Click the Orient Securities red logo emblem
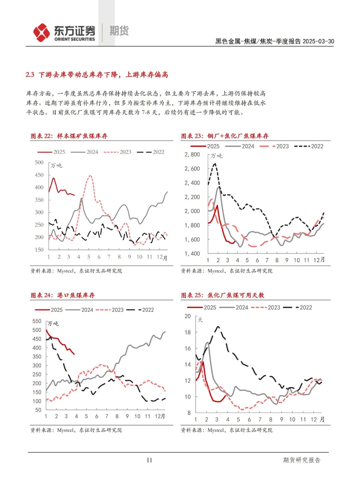[x=41, y=33]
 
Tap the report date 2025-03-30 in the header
[x=318, y=41]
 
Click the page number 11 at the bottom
[x=149, y=460]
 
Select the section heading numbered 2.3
[x=97, y=75]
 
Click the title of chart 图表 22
[x=69, y=136]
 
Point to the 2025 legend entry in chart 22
[x=52, y=152]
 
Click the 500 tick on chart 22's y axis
[x=39, y=163]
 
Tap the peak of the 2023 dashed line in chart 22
[x=90, y=176]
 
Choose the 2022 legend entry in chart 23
[x=309, y=146]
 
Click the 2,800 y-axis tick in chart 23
[x=192, y=155]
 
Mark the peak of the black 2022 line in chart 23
[x=215, y=164]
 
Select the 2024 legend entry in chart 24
[x=80, y=310]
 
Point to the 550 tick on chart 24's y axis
[x=37, y=321]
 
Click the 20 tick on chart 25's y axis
[x=188, y=316]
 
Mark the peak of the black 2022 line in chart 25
[x=218, y=327]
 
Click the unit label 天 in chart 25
[x=200, y=320]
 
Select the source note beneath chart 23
[x=227, y=271]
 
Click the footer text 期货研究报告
[x=301, y=460]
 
